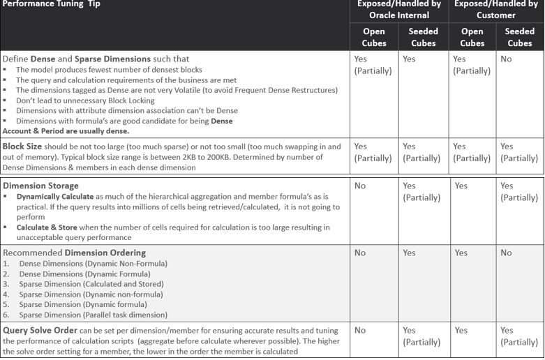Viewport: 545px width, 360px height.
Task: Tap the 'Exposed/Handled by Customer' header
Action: (495, 9)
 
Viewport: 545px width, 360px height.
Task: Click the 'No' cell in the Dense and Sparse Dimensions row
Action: (506, 59)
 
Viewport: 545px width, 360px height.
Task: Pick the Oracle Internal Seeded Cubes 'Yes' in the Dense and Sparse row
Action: (409, 59)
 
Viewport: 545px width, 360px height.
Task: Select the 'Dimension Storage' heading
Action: (40, 186)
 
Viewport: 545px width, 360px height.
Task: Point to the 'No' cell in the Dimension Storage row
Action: (360, 186)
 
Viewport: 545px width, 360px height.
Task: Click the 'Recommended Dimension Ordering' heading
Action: (75, 253)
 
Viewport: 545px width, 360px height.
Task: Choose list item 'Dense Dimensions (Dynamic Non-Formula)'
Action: (94, 264)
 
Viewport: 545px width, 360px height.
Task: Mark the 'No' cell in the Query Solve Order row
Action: (360, 330)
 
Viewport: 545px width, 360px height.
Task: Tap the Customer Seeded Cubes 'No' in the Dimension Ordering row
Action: (506, 253)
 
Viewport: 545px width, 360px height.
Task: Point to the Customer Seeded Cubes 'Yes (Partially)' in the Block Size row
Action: (519, 152)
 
